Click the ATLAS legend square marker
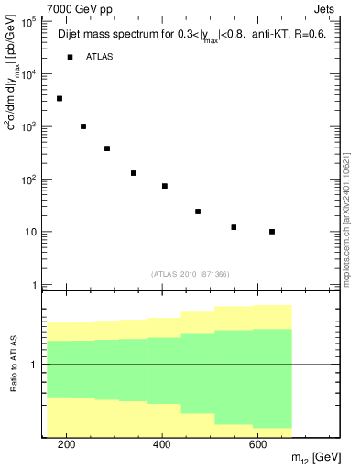(70, 57)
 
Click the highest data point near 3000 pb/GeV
(60, 98)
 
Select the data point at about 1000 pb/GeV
(83, 126)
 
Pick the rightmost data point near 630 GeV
(272, 232)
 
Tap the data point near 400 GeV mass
(165, 186)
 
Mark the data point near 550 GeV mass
(234, 227)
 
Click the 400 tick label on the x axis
(161, 444)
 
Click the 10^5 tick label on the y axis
(27, 21)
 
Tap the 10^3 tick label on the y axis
(27, 126)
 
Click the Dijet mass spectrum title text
(191, 34)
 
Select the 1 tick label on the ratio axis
(34, 365)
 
